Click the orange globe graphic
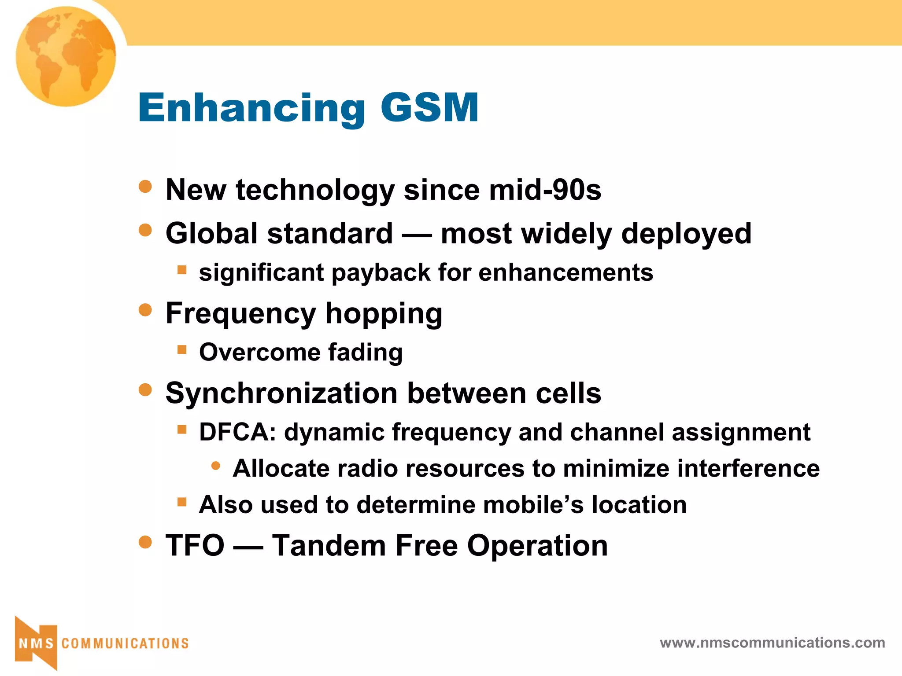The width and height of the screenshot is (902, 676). click(66, 56)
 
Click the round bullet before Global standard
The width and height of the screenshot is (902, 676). click(145, 230)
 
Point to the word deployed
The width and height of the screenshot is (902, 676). click(686, 234)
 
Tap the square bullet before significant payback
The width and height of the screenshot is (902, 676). click(182, 269)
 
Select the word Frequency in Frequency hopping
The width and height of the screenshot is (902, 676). click(240, 314)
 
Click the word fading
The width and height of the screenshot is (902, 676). click(365, 353)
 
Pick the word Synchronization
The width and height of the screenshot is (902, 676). click(281, 393)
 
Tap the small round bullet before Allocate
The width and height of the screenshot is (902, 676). click(215, 466)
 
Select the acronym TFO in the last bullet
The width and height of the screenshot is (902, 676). click(195, 546)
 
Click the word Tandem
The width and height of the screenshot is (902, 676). click(329, 546)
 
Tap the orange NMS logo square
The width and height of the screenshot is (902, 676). click(36, 643)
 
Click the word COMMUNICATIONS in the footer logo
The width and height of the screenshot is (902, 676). click(125, 643)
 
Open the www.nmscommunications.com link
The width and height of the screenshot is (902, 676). click(772, 643)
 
